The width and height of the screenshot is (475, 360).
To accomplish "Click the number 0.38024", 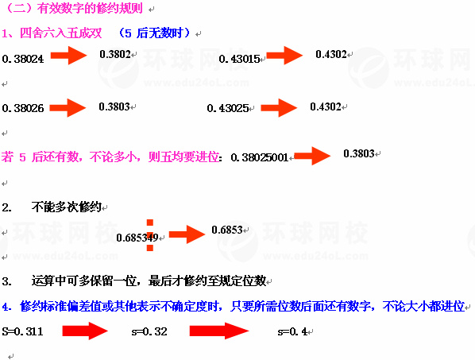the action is point(23,59).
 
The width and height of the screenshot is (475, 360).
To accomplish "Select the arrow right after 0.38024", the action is point(69,56).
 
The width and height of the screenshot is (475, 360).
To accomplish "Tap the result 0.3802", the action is point(115,54).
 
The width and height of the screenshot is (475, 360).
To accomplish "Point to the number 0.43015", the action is point(239,59).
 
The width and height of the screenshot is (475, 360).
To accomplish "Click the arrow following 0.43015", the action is point(284,56).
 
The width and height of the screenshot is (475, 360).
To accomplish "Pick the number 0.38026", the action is point(23,108).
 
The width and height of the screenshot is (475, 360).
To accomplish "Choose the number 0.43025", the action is point(228,108).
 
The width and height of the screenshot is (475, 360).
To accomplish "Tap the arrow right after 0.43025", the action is point(279,107).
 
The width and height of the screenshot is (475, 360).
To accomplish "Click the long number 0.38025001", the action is point(259,157).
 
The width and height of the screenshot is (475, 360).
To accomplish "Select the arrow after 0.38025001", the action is point(312,156).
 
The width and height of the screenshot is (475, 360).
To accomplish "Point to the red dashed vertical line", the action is point(150,235).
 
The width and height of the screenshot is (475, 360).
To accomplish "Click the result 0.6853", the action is point(227,230).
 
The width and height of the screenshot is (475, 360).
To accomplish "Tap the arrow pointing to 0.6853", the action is point(187,234).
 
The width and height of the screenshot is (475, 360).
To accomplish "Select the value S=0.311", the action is point(22,331).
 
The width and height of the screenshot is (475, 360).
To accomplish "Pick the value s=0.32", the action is point(149,332).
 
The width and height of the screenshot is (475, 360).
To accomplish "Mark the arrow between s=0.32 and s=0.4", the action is point(219,331).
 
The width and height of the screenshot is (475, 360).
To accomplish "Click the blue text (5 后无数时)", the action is point(155,33).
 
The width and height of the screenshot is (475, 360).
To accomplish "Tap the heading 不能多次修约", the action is point(67,207).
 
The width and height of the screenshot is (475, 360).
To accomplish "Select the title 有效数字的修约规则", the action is point(90,8).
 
